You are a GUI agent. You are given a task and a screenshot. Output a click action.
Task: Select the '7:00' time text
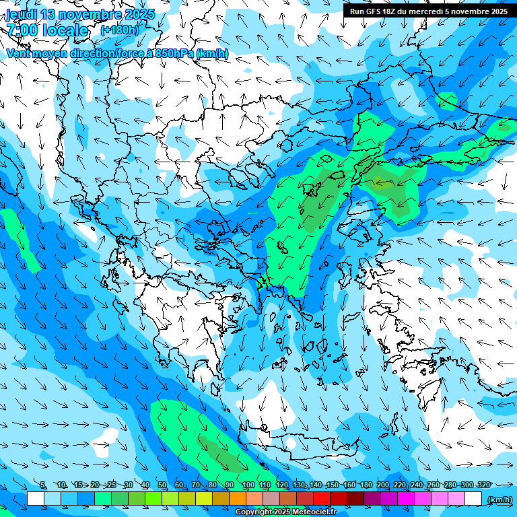[x=23, y=30]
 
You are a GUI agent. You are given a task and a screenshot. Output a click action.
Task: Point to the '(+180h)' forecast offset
[x=119, y=30]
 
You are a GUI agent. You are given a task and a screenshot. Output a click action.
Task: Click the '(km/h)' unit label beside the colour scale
[x=499, y=499]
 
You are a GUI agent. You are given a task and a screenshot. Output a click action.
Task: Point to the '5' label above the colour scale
[x=42, y=485]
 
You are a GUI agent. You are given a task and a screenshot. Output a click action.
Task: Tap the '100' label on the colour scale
[x=248, y=485]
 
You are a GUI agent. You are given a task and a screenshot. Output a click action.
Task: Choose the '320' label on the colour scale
[x=483, y=485]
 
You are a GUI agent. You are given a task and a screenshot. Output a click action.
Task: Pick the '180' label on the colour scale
[x=366, y=485]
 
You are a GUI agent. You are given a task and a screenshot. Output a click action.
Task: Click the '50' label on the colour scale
[x=162, y=485]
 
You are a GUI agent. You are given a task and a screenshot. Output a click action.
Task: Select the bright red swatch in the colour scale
[x=322, y=499]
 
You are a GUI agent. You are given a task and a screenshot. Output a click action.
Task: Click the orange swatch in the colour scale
[x=238, y=499]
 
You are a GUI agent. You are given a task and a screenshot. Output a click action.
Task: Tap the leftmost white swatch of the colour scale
[x=36, y=499]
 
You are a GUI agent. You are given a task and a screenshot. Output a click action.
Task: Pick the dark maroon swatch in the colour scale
[x=355, y=499]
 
